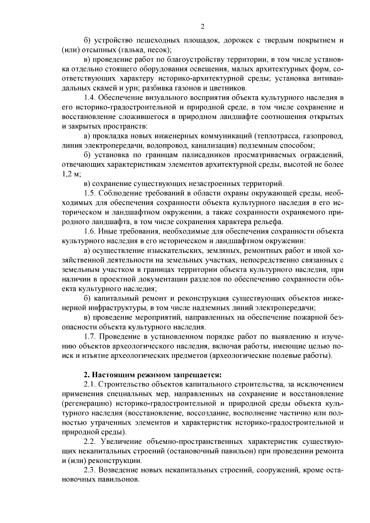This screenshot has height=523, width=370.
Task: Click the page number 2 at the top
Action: (203, 27)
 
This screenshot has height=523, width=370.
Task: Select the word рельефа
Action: (268, 222)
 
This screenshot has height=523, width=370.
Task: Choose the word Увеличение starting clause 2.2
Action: (118, 442)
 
